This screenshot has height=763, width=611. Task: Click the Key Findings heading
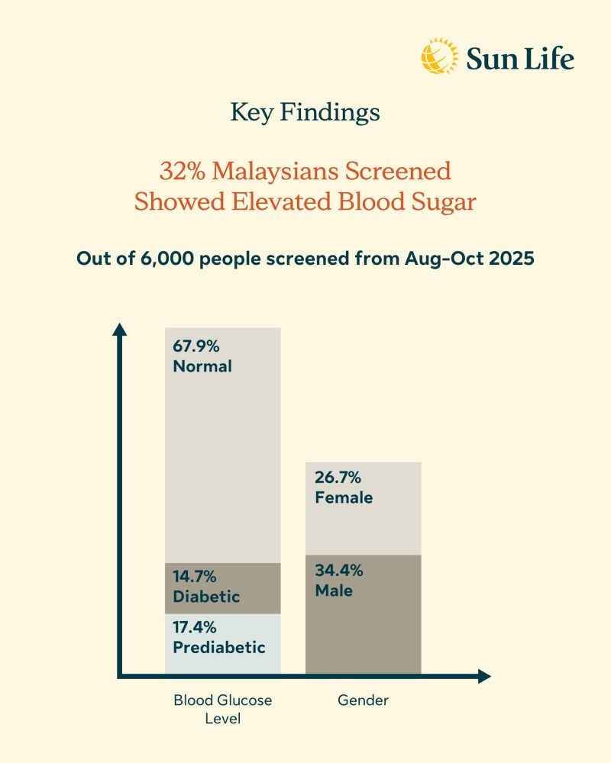(305, 113)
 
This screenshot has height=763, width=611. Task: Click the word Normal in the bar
(202, 366)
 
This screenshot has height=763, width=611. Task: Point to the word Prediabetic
(219, 648)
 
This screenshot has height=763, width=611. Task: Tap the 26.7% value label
(337, 478)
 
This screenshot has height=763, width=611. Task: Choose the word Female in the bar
(343, 497)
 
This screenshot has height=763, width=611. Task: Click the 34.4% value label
(338, 570)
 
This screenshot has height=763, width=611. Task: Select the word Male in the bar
(333, 590)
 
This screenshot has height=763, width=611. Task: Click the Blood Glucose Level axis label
(222, 709)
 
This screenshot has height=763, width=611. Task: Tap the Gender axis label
(363, 700)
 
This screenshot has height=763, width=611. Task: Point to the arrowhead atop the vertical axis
(119, 329)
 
